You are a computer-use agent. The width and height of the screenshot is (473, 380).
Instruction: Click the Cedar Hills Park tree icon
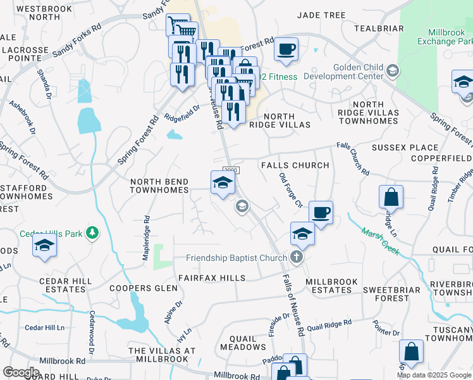(x=93, y=234)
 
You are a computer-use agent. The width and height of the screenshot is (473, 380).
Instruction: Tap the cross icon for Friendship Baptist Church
(x=296, y=257)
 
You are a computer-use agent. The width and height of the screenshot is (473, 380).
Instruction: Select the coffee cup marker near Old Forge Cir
(x=321, y=212)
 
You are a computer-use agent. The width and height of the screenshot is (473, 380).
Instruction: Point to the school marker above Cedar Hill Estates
(x=44, y=244)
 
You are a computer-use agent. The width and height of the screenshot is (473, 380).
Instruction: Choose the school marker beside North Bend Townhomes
(x=222, y=183)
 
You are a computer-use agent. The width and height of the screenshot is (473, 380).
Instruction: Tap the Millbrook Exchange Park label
(x=444, y=37)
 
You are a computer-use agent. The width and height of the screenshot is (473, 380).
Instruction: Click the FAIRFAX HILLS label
(x=206, y=278)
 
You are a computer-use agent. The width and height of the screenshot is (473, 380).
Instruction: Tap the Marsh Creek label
(x=380, y=242)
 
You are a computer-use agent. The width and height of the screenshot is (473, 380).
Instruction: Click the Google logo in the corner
(x=21, y=372)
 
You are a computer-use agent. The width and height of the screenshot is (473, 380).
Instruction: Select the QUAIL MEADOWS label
(x=238, y=343)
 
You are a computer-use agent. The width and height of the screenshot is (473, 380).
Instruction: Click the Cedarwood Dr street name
(x=92, y=332)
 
